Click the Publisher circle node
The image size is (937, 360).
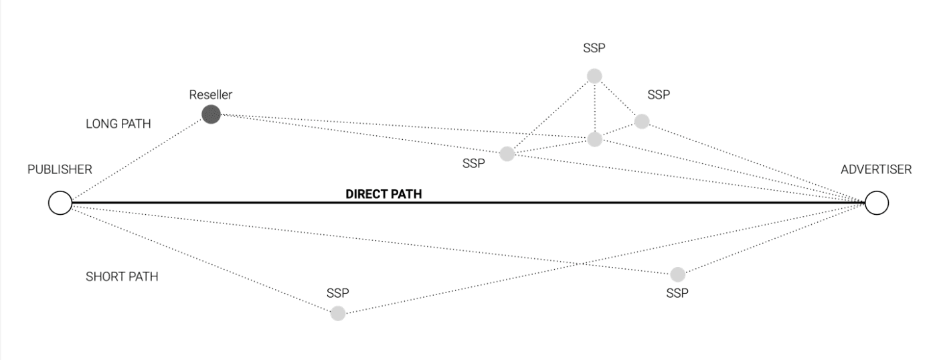60,203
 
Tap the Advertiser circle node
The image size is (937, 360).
877,203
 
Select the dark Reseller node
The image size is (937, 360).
211,114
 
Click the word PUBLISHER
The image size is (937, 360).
60,170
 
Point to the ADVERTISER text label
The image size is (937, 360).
876,170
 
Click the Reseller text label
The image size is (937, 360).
211,94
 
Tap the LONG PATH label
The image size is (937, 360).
118,124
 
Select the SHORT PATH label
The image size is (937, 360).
122,276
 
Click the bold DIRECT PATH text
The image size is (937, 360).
384,195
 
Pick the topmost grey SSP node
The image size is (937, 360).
594,75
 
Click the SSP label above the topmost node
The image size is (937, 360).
594,49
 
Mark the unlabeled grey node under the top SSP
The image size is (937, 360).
594,139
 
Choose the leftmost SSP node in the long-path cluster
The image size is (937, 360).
507,154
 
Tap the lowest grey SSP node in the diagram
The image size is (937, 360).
338,313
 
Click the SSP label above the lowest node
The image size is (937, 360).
338,293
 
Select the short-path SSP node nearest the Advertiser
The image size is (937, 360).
677,274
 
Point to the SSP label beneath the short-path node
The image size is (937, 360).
677,293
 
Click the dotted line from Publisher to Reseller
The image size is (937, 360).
134,160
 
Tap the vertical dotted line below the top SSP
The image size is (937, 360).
594,107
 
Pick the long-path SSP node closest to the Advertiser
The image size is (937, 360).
641,121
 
